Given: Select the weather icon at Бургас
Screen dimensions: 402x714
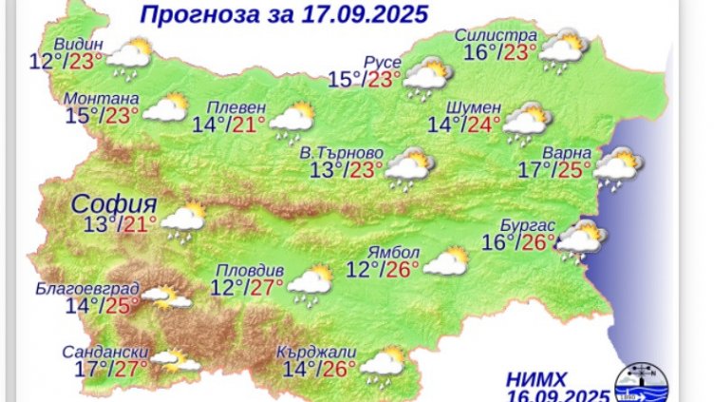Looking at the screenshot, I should tap(580, 239).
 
